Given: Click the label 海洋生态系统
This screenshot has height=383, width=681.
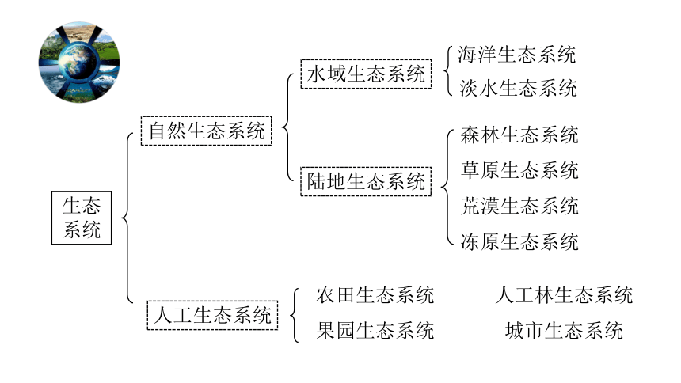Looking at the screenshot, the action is [516, 55].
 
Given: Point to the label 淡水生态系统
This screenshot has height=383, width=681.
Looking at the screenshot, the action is [518, 88].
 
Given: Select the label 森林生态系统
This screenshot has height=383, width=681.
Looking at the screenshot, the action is [519, 135].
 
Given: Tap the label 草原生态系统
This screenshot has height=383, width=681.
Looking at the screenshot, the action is [519, 170].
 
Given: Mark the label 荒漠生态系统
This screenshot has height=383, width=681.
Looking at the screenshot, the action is [519, 206].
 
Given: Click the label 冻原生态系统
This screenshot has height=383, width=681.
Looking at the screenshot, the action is [519, 241].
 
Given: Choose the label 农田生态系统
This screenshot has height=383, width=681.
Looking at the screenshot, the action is [375, 295].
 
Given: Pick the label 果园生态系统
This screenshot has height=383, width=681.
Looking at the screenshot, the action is [375, 331].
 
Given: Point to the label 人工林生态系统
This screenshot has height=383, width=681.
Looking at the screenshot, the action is [564, 295].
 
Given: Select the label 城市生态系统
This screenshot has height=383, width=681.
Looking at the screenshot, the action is [564, 331].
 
